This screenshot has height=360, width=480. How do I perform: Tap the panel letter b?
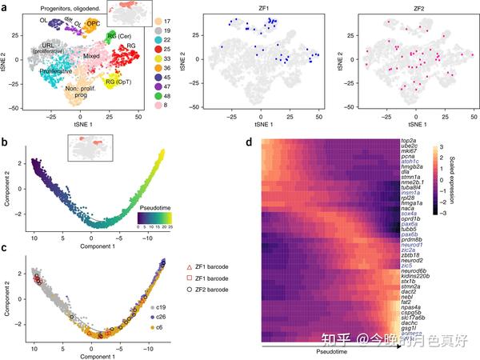pos(6,143)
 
